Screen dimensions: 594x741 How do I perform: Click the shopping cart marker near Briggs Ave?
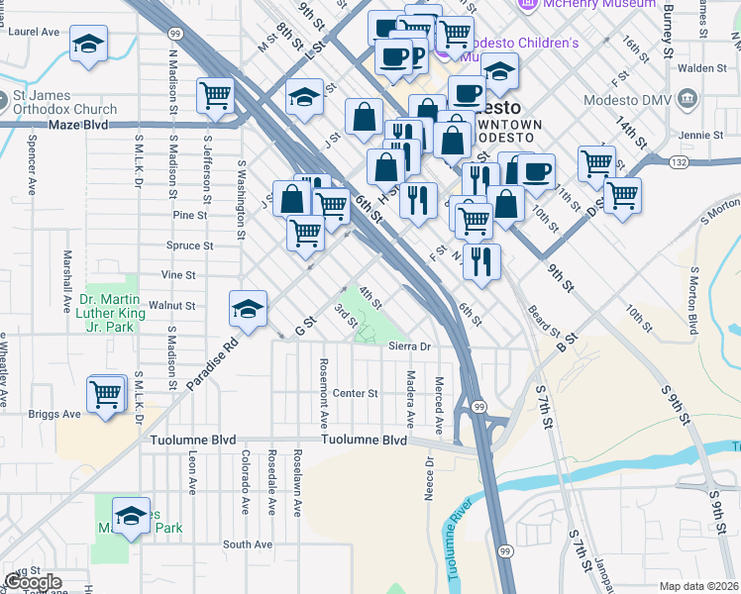(x=106, y=393)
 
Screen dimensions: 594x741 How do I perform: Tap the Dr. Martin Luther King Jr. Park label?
(x=119, y=312)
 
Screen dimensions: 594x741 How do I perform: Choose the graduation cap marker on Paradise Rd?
(x=249, y=308)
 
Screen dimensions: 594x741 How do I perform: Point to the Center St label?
(x=355, y=393)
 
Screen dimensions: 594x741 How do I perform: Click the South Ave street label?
(x=247, y=544)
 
